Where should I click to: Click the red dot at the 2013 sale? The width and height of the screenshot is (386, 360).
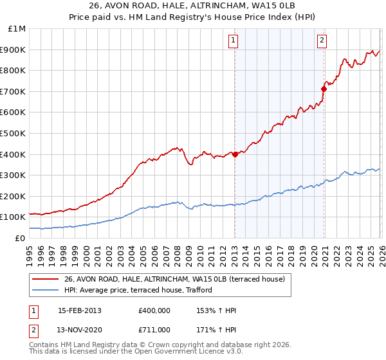coord(235,154)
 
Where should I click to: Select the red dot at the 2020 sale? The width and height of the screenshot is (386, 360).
coord(324,89)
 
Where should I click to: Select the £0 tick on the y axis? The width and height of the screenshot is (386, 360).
coord(19,239)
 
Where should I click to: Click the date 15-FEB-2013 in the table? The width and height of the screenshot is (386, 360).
coord(79,310)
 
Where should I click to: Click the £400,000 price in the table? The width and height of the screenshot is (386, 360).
coord(154,310)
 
